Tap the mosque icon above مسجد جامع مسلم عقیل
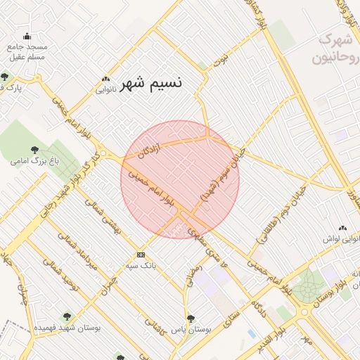27,37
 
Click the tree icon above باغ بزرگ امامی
35,149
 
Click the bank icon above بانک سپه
141,255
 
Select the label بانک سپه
141,266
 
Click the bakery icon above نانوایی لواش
342,228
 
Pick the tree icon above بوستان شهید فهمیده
67,316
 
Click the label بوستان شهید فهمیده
67,328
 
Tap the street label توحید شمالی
59,270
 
